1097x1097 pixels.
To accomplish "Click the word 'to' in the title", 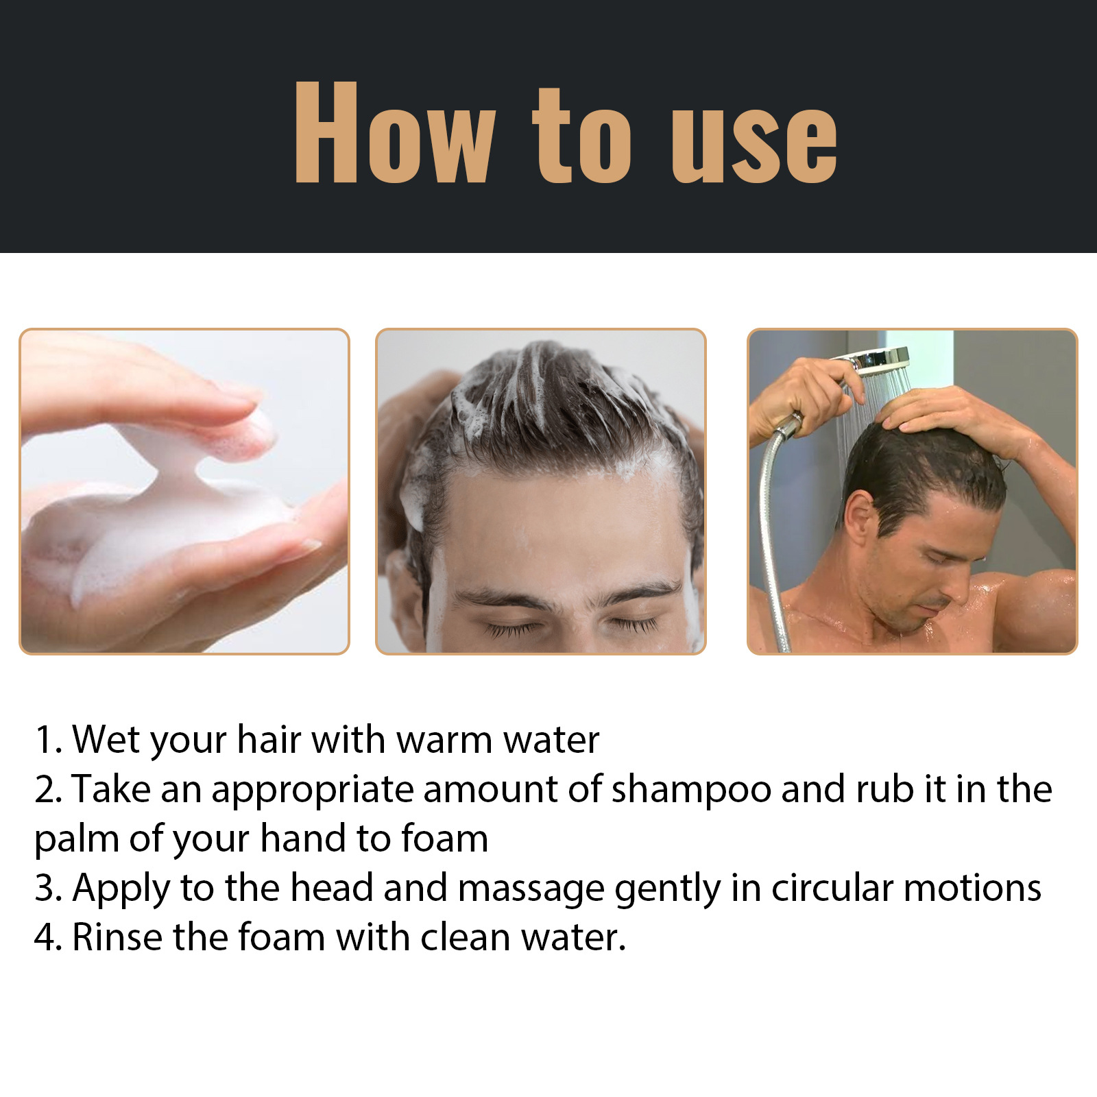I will coord(581,137).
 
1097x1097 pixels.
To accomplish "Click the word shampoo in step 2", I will coord(691,790).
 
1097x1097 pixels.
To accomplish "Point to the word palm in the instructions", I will coord(75,840).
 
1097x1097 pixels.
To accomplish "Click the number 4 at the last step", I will coord(44,938).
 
